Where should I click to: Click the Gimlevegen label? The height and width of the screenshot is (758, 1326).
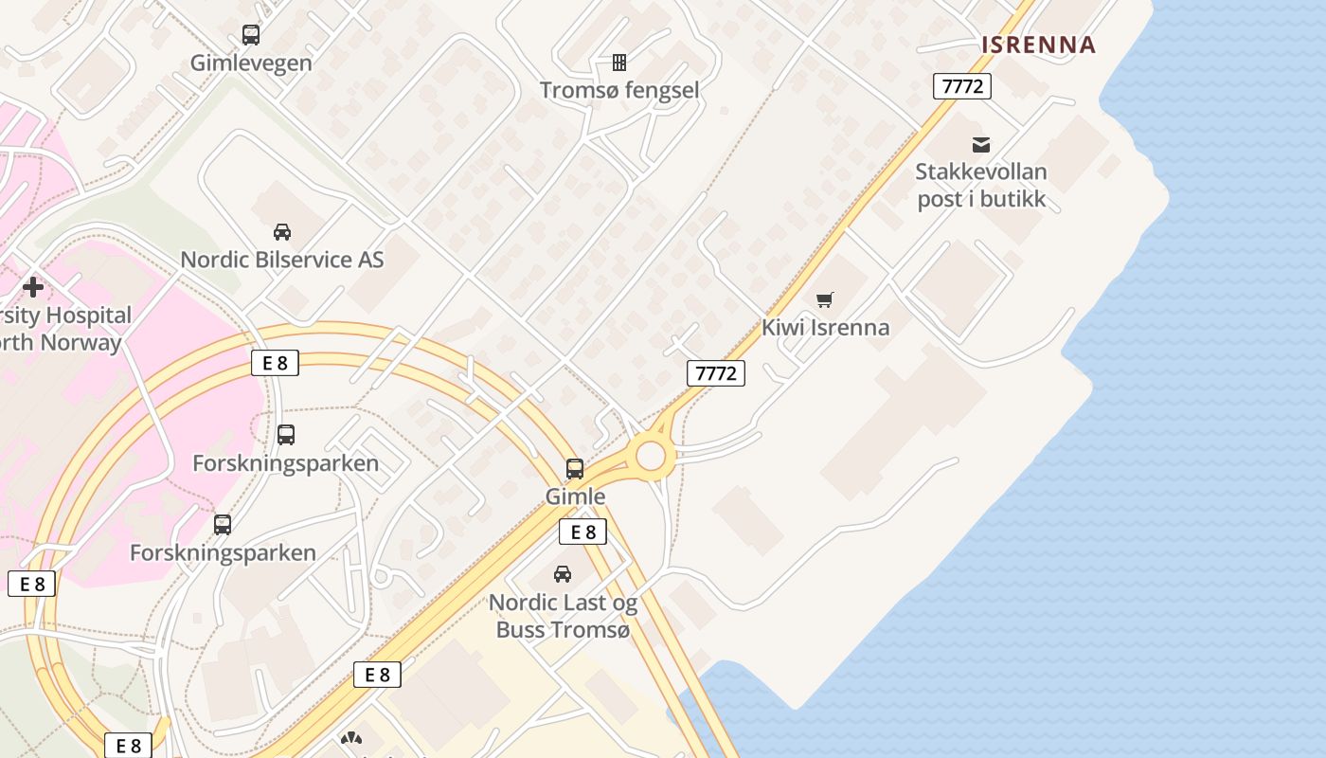coord(251,63)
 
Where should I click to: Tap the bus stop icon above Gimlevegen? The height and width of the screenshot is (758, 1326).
coord(250,35)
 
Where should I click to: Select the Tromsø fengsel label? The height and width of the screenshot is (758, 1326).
coord(619,90)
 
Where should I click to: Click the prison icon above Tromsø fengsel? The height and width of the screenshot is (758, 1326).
coord(619,63)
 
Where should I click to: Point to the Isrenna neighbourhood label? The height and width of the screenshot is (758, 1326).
coord(1038,45)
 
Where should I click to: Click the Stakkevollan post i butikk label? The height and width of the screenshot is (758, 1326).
coord(981,186)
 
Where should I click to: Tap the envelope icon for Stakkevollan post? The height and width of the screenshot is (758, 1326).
coord(981,145)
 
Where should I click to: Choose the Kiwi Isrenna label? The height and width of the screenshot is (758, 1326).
coord(826,328)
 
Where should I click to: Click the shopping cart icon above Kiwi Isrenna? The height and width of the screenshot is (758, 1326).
coord(825,300)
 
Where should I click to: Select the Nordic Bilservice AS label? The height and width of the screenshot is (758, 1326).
coord(282,260)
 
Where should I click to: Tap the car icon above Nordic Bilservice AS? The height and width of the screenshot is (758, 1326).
coord(282,232)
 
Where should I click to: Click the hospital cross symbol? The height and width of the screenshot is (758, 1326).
coord(33,286)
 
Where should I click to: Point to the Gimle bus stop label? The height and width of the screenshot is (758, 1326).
coord(575,496)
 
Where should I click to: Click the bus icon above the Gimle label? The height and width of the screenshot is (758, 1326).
coord(575,469)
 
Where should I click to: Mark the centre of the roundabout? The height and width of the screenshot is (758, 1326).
coord(651,457)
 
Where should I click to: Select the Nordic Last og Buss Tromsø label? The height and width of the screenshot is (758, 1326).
coord(563,616)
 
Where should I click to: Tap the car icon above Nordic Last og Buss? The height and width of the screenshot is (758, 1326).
coord(563,574)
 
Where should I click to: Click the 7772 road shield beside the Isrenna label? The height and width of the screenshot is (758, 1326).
coord(962,86)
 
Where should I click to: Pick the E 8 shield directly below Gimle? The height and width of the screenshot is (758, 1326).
coord(582,532)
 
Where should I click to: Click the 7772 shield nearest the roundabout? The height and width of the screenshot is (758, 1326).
coord(716,373)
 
